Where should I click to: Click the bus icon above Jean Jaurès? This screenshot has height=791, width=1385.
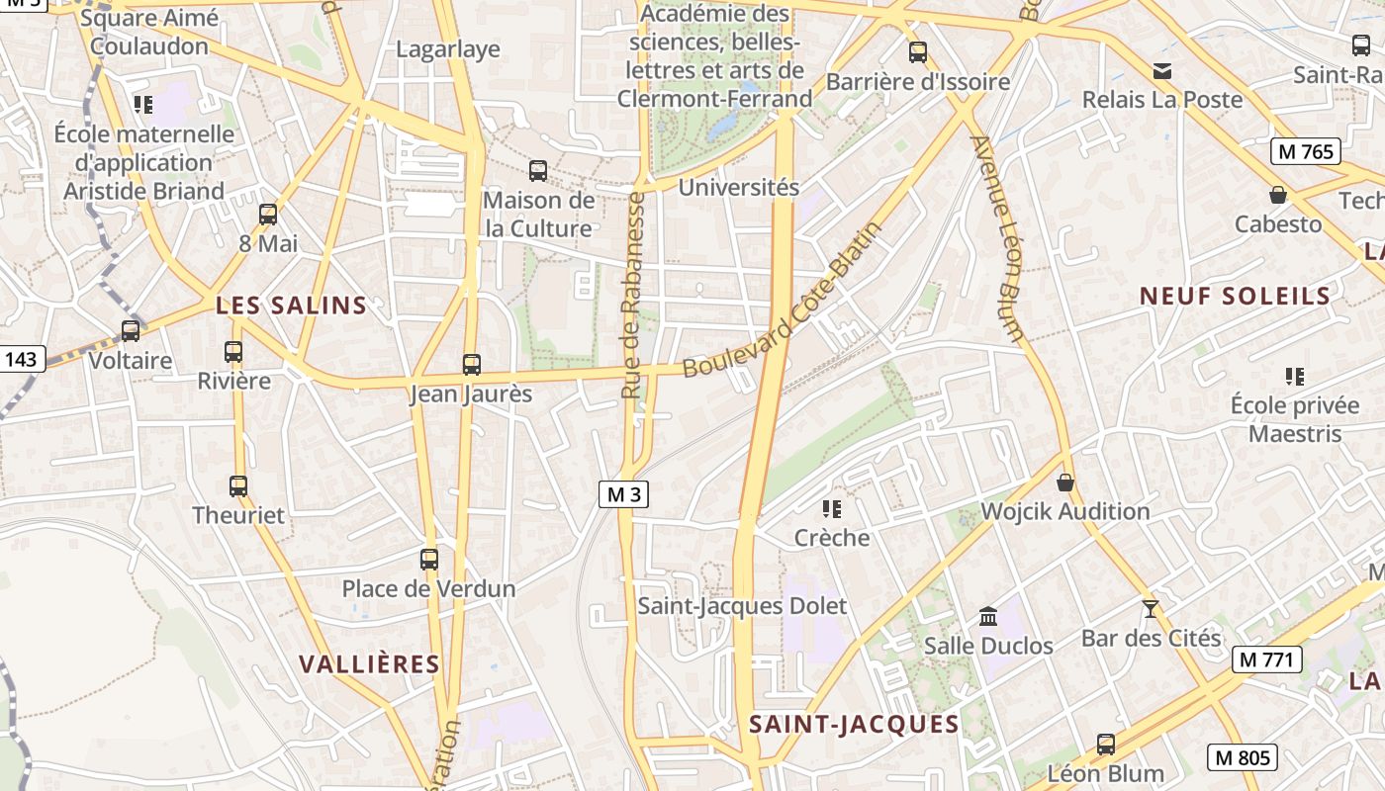pos(472,364)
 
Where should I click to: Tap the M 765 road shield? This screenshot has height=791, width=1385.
pos(1306,151)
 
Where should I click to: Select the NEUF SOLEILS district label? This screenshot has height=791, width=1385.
pos(1235,296)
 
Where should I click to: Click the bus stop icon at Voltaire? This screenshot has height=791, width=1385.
pos(131,331)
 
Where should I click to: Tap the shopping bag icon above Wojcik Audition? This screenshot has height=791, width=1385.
pos(1065,483)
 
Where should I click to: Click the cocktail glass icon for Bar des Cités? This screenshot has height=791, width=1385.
pos(1150,608)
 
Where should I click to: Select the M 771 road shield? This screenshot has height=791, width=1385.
pos(1267,659)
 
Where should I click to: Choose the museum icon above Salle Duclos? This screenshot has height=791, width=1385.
pos(988,617)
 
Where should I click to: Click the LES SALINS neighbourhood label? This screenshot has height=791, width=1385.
pos(291,306)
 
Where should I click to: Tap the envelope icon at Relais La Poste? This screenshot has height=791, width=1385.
pos(1162,71)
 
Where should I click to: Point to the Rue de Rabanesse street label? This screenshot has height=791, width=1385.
pos(633,295)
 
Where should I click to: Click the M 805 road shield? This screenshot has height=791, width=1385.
pos(1243,758)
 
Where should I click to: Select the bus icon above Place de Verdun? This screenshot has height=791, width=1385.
pos(429,560)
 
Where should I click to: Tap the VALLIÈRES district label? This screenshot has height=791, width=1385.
pos(369,664)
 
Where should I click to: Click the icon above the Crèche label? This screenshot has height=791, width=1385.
pos(832,509)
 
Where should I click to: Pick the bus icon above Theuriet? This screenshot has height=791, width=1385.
pos(238,486)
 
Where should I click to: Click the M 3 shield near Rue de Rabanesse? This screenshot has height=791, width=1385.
pos(624,494)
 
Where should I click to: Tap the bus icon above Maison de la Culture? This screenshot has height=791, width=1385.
pos(538,171)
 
